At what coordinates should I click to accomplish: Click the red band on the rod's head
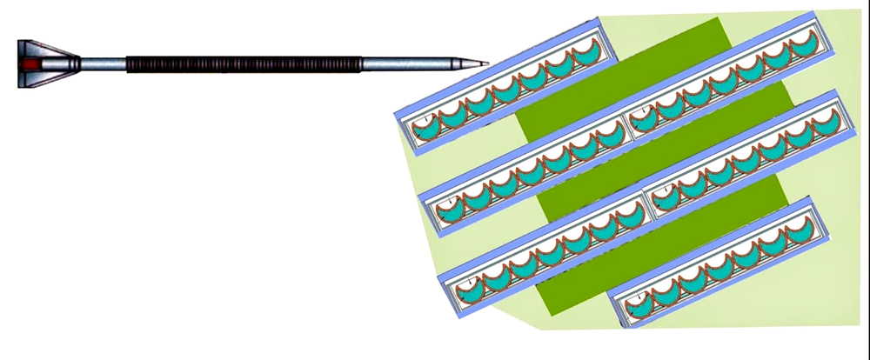(32, 63)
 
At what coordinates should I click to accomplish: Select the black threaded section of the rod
(244, 63)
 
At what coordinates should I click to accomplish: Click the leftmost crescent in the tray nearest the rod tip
(425, 128)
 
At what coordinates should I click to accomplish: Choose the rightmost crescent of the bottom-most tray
(799, 228)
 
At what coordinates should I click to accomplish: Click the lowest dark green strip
(661, 243)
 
